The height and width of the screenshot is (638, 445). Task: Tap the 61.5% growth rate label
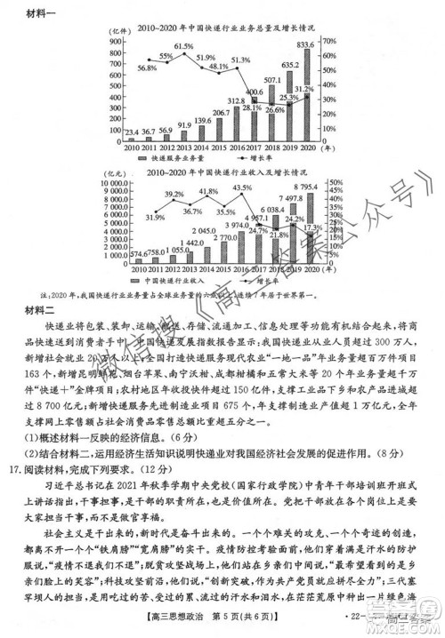[x=183, y=46]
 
